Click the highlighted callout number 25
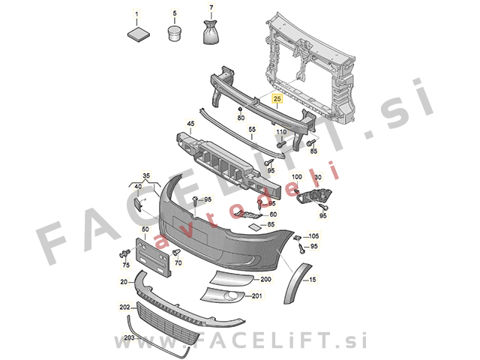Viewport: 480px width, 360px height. pyautogui.click(x=277, y=98)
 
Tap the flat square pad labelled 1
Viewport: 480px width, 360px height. pyautogui.click(x=138, y=34)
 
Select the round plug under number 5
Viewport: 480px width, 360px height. pyautogui.click(x=175, y=33)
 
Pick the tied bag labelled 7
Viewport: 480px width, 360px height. pyautogui.click(x=211, y=31)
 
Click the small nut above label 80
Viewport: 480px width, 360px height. pyautogui.click(x=240, y=109)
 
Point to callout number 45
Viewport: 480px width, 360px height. pyautogui.click(x=190, y=124)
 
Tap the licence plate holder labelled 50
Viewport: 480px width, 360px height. pyautogui.click(x=153, y=258)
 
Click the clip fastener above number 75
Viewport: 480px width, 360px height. pyautogui.click(x=124, y=253)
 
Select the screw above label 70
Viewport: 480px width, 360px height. pyautogui.click(x=176, y=252)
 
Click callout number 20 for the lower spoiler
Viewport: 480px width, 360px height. pyautogui.click(x=124, y=282)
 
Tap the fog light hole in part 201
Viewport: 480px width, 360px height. pyautogui.click(x=231, y=296)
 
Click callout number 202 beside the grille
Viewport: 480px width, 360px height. pyautogui.click(x=124, y=307)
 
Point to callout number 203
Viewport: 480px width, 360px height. pyautogui.click(x=129, y=338)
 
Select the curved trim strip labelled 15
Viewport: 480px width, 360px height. pyautogui.click(x=295, y=283)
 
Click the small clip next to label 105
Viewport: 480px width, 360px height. pyautogui.click(x=298, y=238)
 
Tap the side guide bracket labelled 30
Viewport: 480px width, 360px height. pyautogui.click(x=313, y=195)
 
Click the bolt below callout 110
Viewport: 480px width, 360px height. pyautogui.click(x=281, y=143)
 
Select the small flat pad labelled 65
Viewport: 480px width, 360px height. pyautogui.click(x=253, y=226)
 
